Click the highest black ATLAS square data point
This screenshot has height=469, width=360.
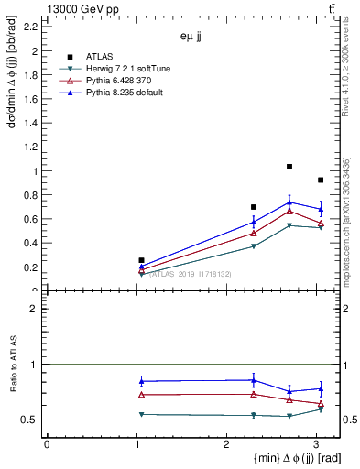point(289,167)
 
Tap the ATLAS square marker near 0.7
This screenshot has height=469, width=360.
point(254,207)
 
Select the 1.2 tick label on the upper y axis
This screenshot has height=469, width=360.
point(31,147)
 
